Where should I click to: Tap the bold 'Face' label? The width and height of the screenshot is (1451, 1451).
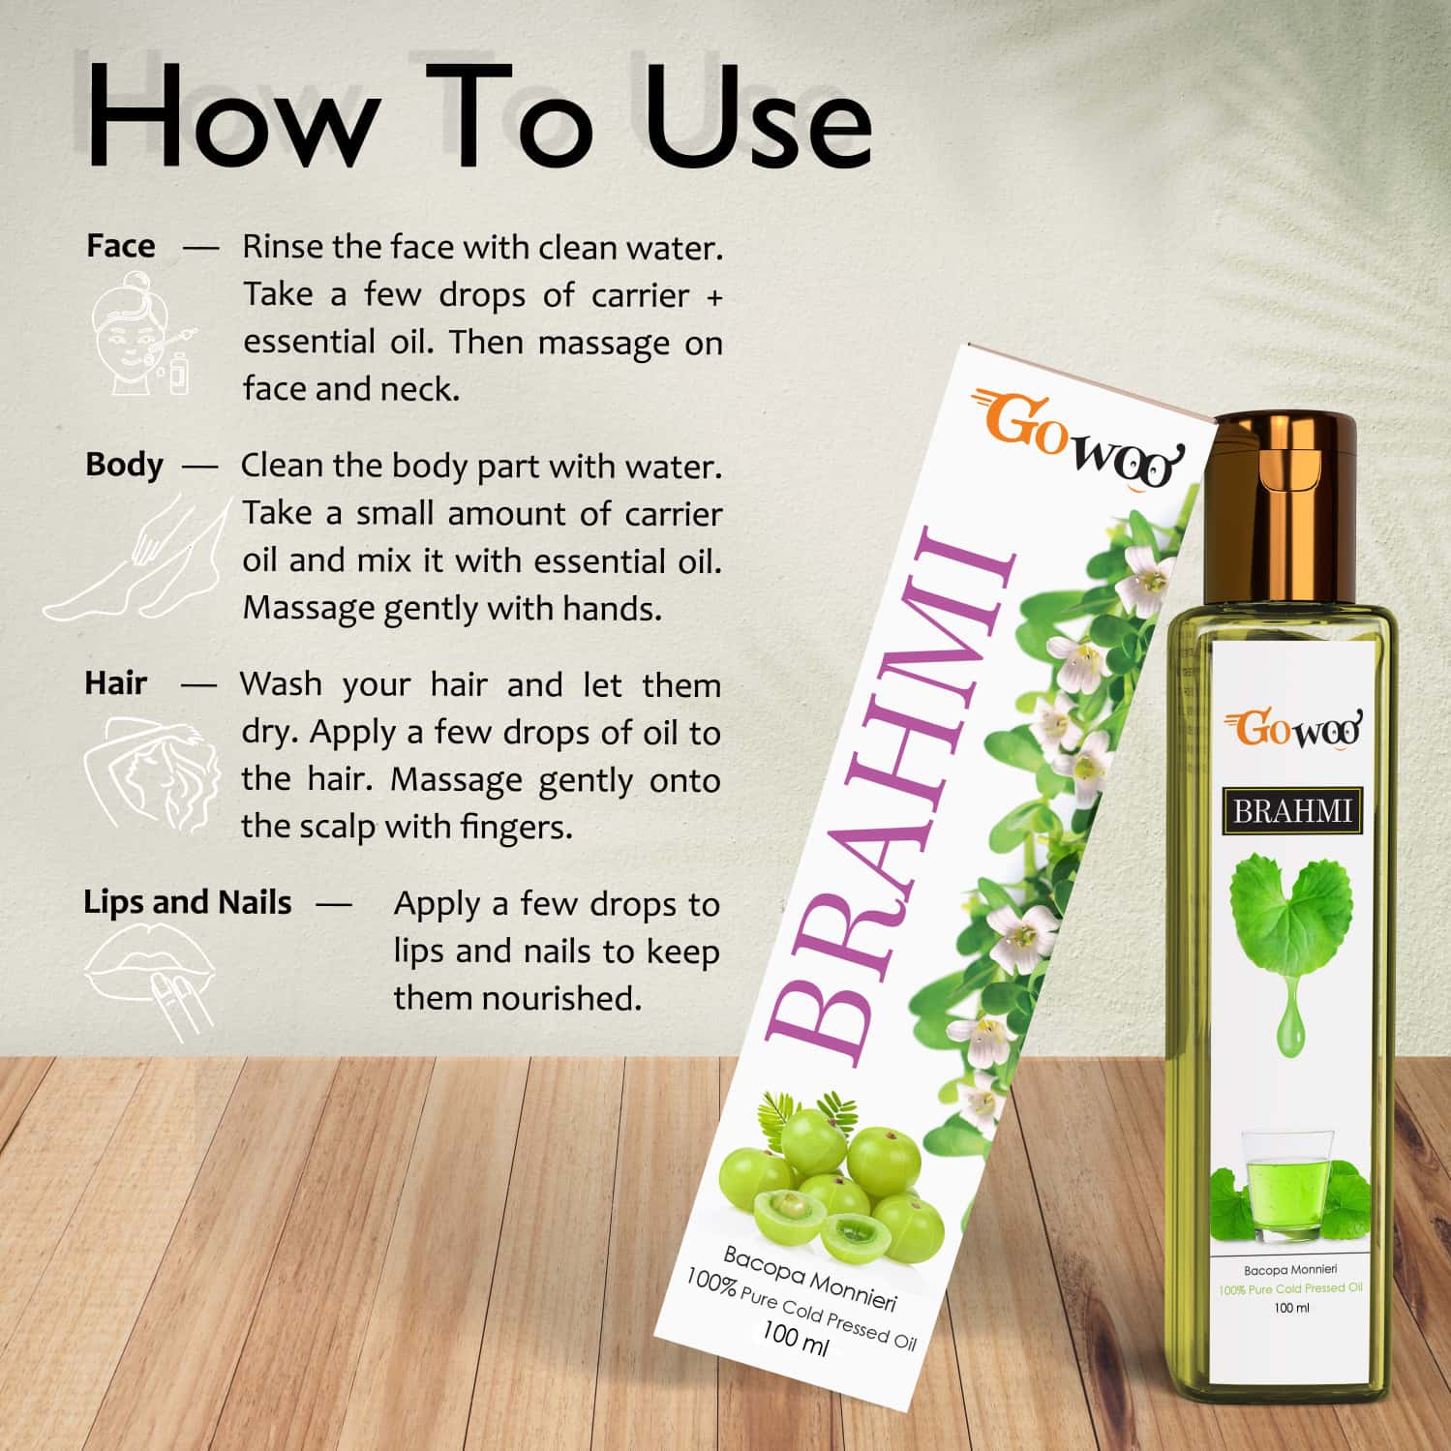(x=120, y=246)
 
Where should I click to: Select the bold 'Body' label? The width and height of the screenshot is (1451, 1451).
(x=124, y=465)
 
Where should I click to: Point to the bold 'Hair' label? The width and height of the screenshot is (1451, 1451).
(x=115, y=683)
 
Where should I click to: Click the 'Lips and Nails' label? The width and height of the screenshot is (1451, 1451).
(x=187, y=902)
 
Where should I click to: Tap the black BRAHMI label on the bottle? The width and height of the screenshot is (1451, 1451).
(x=1291, y=809)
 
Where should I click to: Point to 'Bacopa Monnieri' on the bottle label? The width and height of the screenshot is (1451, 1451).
(x=1290, y=1269)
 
